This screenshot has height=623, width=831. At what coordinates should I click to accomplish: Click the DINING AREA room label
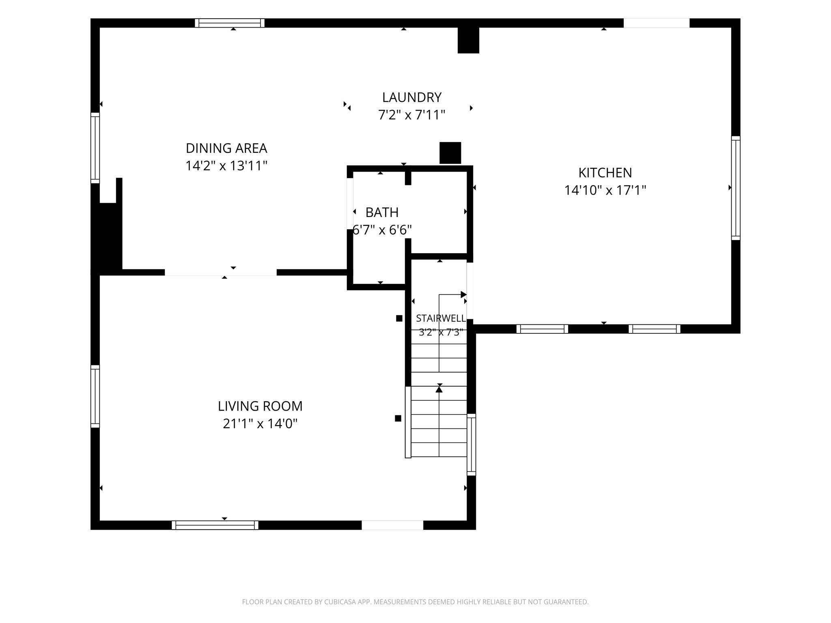point(226,148)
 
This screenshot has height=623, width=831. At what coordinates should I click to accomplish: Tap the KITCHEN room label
point(605,173)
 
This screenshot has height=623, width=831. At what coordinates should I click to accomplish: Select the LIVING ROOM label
point(260,406)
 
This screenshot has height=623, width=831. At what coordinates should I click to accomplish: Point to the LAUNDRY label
point(412,97)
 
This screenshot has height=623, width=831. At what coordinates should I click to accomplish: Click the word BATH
point(382,212)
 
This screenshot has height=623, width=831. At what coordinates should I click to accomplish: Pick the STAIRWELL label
point(441,318)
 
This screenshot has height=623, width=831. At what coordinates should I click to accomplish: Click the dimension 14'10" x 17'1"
point(605,190)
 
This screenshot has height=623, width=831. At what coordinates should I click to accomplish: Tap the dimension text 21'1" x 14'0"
point(260,424)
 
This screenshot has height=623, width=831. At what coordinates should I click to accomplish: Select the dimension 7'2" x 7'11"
point(412,115)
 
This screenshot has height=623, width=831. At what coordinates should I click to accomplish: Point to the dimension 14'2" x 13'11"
point(226,166)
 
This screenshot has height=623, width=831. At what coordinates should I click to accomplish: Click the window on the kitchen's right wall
point(736,188)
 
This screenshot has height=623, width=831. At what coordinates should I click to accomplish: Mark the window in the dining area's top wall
point(230,23)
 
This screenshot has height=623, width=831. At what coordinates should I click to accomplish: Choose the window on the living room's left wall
point(95,396)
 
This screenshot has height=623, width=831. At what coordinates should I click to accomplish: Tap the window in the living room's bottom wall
point(215,525)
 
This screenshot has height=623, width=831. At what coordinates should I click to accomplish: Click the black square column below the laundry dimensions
point(450,153)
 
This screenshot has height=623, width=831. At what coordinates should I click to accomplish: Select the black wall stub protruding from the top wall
point(469,40)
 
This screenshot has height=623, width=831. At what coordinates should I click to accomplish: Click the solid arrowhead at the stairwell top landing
point(464,294)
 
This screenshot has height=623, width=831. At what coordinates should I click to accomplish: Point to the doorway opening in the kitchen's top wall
point(657,23)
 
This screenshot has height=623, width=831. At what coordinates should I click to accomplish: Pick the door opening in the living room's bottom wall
point(392,525)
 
